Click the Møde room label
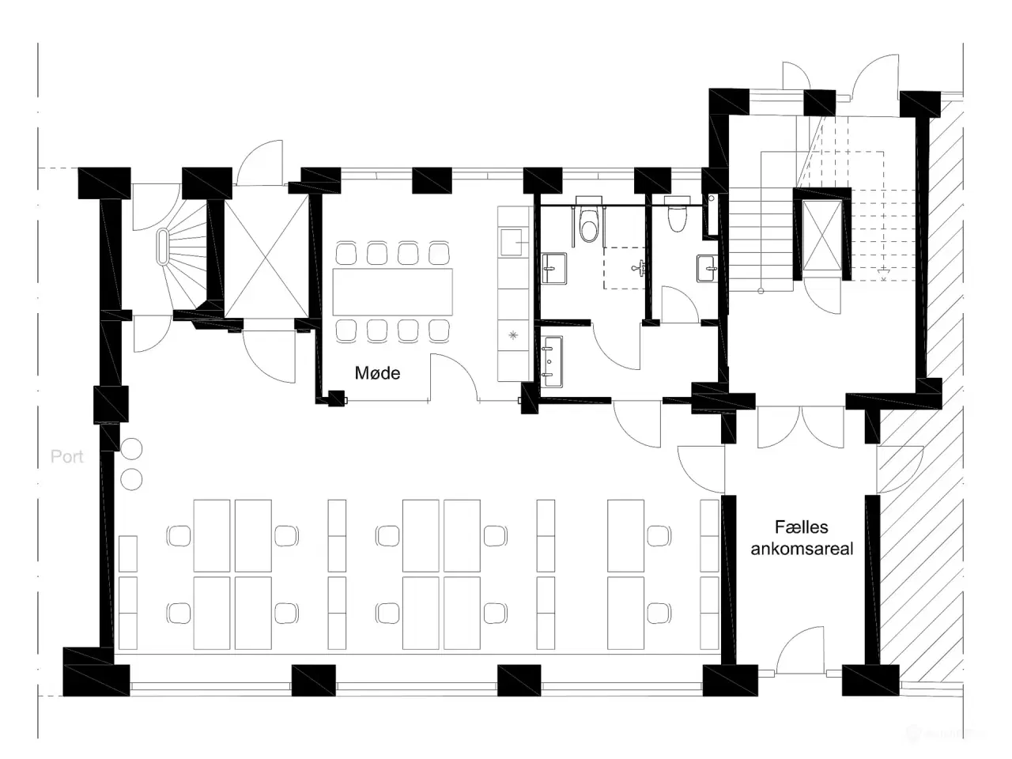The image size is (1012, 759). (x=377, y=372)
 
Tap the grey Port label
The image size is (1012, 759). (x=67, y=457)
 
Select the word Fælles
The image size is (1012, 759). (x=801, y=527)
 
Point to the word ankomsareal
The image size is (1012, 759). (x=802, y=549)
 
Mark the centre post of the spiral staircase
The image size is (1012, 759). (x=163, y=247)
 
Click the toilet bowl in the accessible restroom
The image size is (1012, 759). (x=588, y=226)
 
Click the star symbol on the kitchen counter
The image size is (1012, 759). (x=513, y=335)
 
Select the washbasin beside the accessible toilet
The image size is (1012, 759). (x=553, y=269)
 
